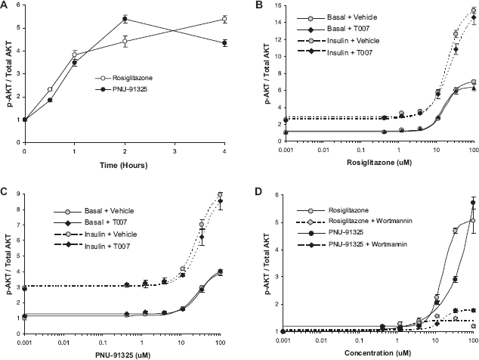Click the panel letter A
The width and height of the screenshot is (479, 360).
tap(4, 5)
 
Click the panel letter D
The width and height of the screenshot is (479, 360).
tap(258, 192)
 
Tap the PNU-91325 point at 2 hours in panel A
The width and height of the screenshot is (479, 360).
tap(125, 19)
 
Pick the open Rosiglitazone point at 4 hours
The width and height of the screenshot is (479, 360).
tap(224, 19)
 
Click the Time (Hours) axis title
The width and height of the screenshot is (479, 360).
tap(124, 166)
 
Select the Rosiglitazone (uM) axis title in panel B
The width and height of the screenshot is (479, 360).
tap(379, 163)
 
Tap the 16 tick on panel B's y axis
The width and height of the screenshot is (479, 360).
tap(278, 5)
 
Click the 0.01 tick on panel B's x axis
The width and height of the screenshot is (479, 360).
tap(323, 150)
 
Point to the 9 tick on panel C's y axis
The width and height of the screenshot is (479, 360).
tap(19, 194)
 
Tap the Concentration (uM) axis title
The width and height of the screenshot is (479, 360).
tap(378, 353)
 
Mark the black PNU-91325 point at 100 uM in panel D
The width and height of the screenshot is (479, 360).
tap(473, 203)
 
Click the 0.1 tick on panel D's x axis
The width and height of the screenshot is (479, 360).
tap(360, 340)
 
